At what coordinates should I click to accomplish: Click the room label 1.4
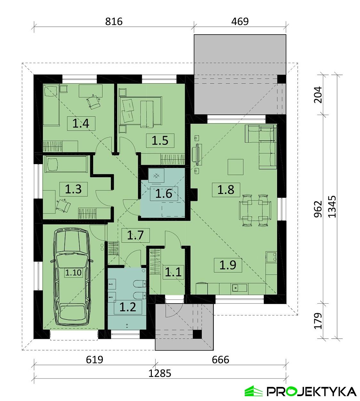[x=81, y=123]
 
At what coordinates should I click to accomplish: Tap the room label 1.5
[x=160, y=140]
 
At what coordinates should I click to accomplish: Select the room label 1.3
[x=73, y=189]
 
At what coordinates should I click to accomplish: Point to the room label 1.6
[x=164, y=194]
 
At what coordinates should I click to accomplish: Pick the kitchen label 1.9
[x=228, y=265]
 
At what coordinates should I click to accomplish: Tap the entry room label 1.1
[x=173, y=272]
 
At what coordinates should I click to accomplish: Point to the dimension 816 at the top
[x=114, y=21]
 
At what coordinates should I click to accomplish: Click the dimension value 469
[x=240, y=21]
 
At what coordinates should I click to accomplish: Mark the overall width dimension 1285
[x=160, y=373]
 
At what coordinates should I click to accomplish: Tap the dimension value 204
[x=318, y=95]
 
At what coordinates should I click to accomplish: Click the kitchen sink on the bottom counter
[x=239, y=288]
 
